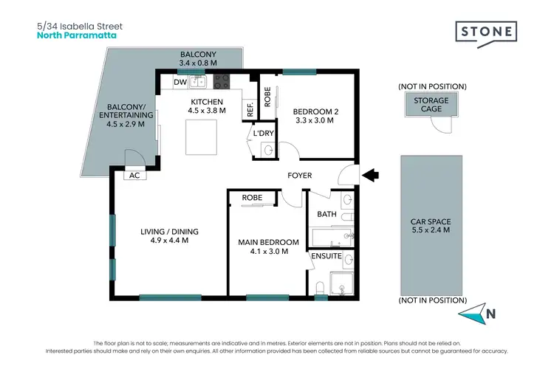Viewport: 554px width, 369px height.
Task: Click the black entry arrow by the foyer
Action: [x=372, y=175]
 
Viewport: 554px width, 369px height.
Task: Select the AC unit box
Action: [x=134, y=176]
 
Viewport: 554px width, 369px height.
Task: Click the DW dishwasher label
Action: [x=179, y=82]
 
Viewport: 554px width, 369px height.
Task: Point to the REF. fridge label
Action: [x=250, y=110]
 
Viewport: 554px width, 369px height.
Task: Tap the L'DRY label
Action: [x=264, y=134]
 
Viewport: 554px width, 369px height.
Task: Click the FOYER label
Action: [x=300, y=176]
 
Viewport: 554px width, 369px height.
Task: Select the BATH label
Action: [x=326, y=214]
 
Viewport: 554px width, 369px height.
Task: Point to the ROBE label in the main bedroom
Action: [x=252, y=198]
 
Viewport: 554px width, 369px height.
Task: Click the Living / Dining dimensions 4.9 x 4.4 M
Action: [x=169, y=241]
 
